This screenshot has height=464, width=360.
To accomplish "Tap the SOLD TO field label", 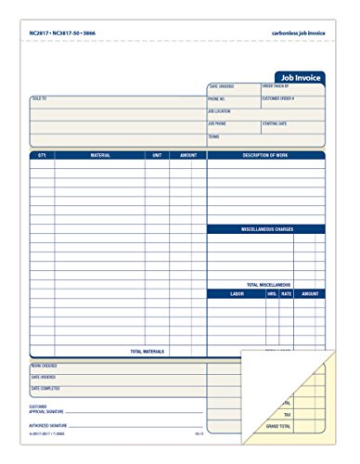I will pyautogui.click(x=38, y=97).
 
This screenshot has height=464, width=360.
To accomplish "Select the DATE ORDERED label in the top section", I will pyautogui.click(x=221, y=86).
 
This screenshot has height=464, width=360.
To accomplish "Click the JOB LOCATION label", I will pyautogui.click(x=220, y=110).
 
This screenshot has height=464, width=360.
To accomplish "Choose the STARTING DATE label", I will pyautogui.click(x=276, y=122).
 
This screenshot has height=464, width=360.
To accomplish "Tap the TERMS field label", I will pyautogui.click(x=213, y=136).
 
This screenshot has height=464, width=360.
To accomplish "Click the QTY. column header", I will pyautogui.click(x=42, y=156).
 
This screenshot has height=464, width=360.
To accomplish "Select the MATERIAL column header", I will pyautogui.click(x=100, y=156).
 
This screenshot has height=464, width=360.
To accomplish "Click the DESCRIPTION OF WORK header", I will pyautogui.click(x=265, y=156).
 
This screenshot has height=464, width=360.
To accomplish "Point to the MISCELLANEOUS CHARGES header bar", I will pyautogui.click(x=265, y=228).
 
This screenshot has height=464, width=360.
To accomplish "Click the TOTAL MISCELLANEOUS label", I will pyautogui.click(x=268, y=284).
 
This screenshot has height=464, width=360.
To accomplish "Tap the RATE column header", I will pyautogui.click(x=287, y=292).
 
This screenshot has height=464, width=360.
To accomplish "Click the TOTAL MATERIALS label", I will pyautogui.click(x=148, y=352).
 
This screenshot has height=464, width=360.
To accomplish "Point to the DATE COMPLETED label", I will pyautogui.click(x=44, y=388).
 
